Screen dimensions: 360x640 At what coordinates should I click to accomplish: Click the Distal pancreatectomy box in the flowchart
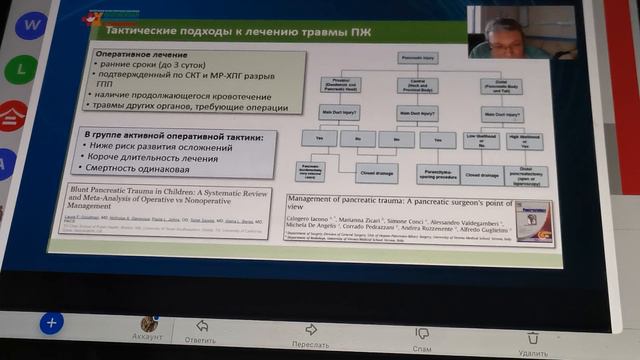pyautogui.click(x=525, y=177)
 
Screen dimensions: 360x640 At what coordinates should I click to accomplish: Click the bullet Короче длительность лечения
pyautogui.click(x=156, y=158)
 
